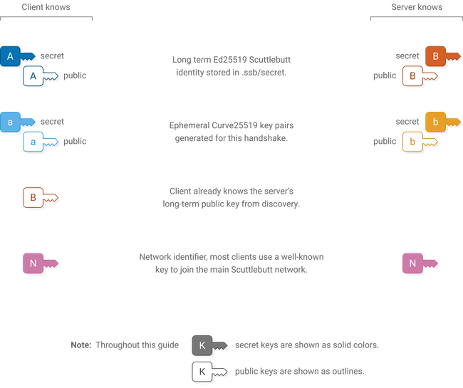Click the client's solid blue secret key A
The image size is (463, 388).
(x=11, y=56)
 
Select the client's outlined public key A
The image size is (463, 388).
(x=32, y=75)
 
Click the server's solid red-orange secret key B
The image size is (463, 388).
(x=435, y=56)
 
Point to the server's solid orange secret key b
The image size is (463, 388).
(x=435, y=122)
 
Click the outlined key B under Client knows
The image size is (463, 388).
(x=32, y=197)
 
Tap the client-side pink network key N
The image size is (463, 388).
(x=32, y=263)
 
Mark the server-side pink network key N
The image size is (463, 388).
(x=413, y=263)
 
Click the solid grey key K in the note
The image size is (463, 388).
(x=202, y=345)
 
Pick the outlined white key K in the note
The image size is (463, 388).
(x=202, y=372)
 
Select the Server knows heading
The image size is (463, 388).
(x=417, y=7)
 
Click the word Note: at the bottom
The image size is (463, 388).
(x=80, y=345)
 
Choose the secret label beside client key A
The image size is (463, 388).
(x=52, y=56)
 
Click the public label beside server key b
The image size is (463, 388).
(x=384, y=142)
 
